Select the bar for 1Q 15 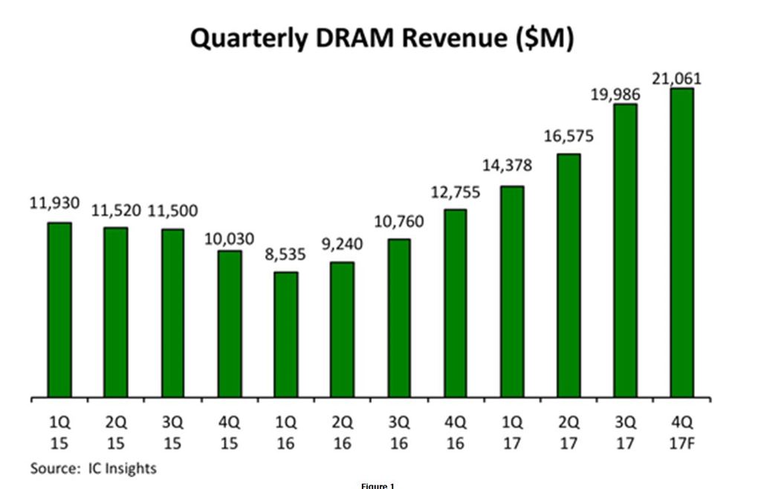click(59, 310)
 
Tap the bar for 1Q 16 click(286, 335)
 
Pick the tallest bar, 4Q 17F click(681, 243)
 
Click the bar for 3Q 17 click(625, 251)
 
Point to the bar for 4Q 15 click(230, 324)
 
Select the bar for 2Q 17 click(569, 275)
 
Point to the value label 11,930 click(54, 203)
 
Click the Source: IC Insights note click(94, 468)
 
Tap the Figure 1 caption click(378, 485)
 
